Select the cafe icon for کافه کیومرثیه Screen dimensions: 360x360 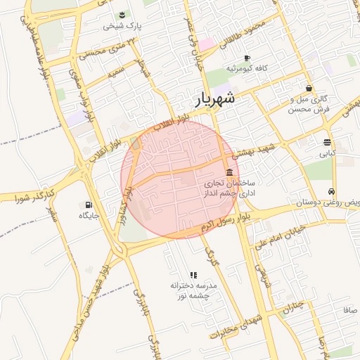[246, 58]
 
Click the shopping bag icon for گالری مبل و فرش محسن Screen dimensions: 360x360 [309, 89]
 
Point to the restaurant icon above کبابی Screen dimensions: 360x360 [328, 142]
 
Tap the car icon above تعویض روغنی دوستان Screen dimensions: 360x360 [330, 191]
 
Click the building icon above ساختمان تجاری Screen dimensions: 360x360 [229, 173]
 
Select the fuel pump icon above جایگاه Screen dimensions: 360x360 [87, 205]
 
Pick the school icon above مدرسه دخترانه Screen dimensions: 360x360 [193, 275]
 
